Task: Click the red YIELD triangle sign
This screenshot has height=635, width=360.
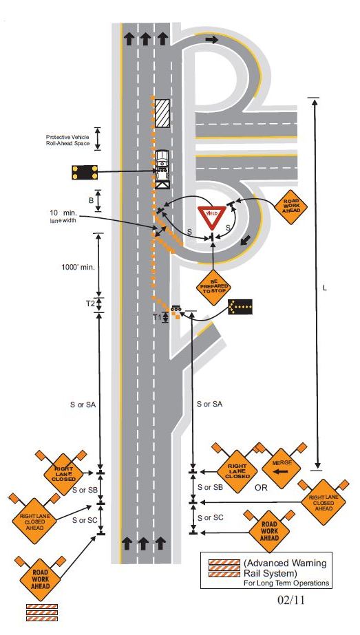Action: click(x=211, y=217)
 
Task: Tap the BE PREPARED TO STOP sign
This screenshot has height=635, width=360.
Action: click(x=213, y=287)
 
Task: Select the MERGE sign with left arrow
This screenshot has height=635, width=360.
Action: click(x=281, y=468)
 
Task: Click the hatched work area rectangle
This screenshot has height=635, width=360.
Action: click(x=162, y=113)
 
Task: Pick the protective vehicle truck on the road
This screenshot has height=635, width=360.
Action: click(x=162, y=169)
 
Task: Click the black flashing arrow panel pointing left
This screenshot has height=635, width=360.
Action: click(x=240, y=307)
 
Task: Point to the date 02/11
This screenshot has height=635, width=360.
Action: click(x=290, y=600)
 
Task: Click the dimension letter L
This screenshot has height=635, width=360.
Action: click(x=325, y=288)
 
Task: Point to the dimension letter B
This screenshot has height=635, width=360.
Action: click(x=92, y=200)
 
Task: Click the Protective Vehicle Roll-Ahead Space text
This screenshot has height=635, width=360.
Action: click(x=67, y=140)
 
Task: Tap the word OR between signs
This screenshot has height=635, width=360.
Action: click(x=262, y=488)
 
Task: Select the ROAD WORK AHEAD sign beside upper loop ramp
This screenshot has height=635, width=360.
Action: click(x=290, y=206)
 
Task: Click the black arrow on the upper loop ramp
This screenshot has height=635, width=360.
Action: click(x=211, y=39)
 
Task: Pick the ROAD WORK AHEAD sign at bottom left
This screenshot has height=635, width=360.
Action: click(x=41, y=579)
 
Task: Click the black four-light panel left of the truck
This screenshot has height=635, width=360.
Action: click(x=85, y=172)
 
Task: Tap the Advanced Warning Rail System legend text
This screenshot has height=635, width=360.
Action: click(x=284, y=568)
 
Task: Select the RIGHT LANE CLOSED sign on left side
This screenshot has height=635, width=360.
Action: click(x=63, y=474)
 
